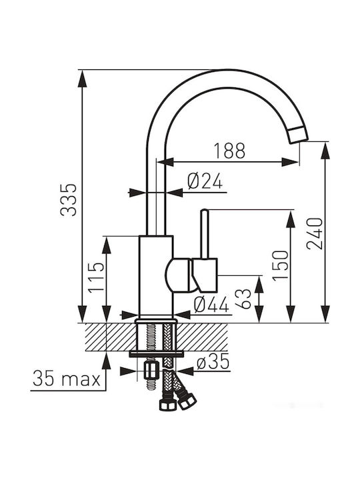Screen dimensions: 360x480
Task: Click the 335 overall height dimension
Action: [x=68, y=200]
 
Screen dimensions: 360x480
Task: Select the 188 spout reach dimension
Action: [x=229, y=151]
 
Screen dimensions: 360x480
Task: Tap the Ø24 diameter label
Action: [x=205, y=181]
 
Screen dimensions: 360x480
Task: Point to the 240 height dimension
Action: [x=315, y=233]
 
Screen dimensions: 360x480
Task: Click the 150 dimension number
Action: [x=281, y=265]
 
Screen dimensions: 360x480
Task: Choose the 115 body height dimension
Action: [x=97, y=277]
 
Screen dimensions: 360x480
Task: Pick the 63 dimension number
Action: [x=244, y=299]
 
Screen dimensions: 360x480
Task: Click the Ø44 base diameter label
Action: [x=211, y=305]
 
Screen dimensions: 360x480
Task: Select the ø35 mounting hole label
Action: [x=213, y=362]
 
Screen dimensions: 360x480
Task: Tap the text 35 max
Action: [x=67, y=379]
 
